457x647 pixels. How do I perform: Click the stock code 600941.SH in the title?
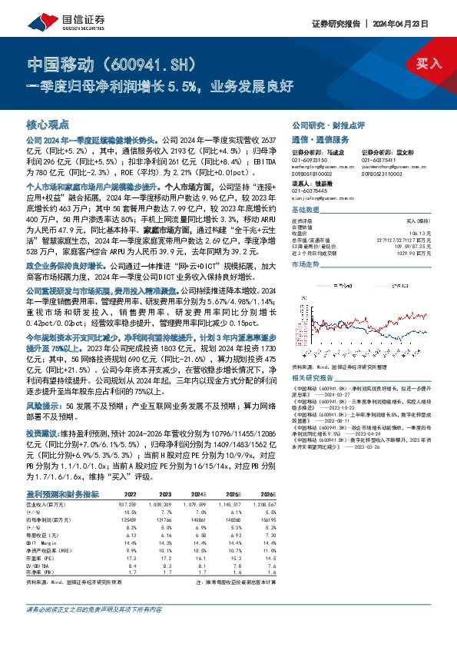click(153, 61)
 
